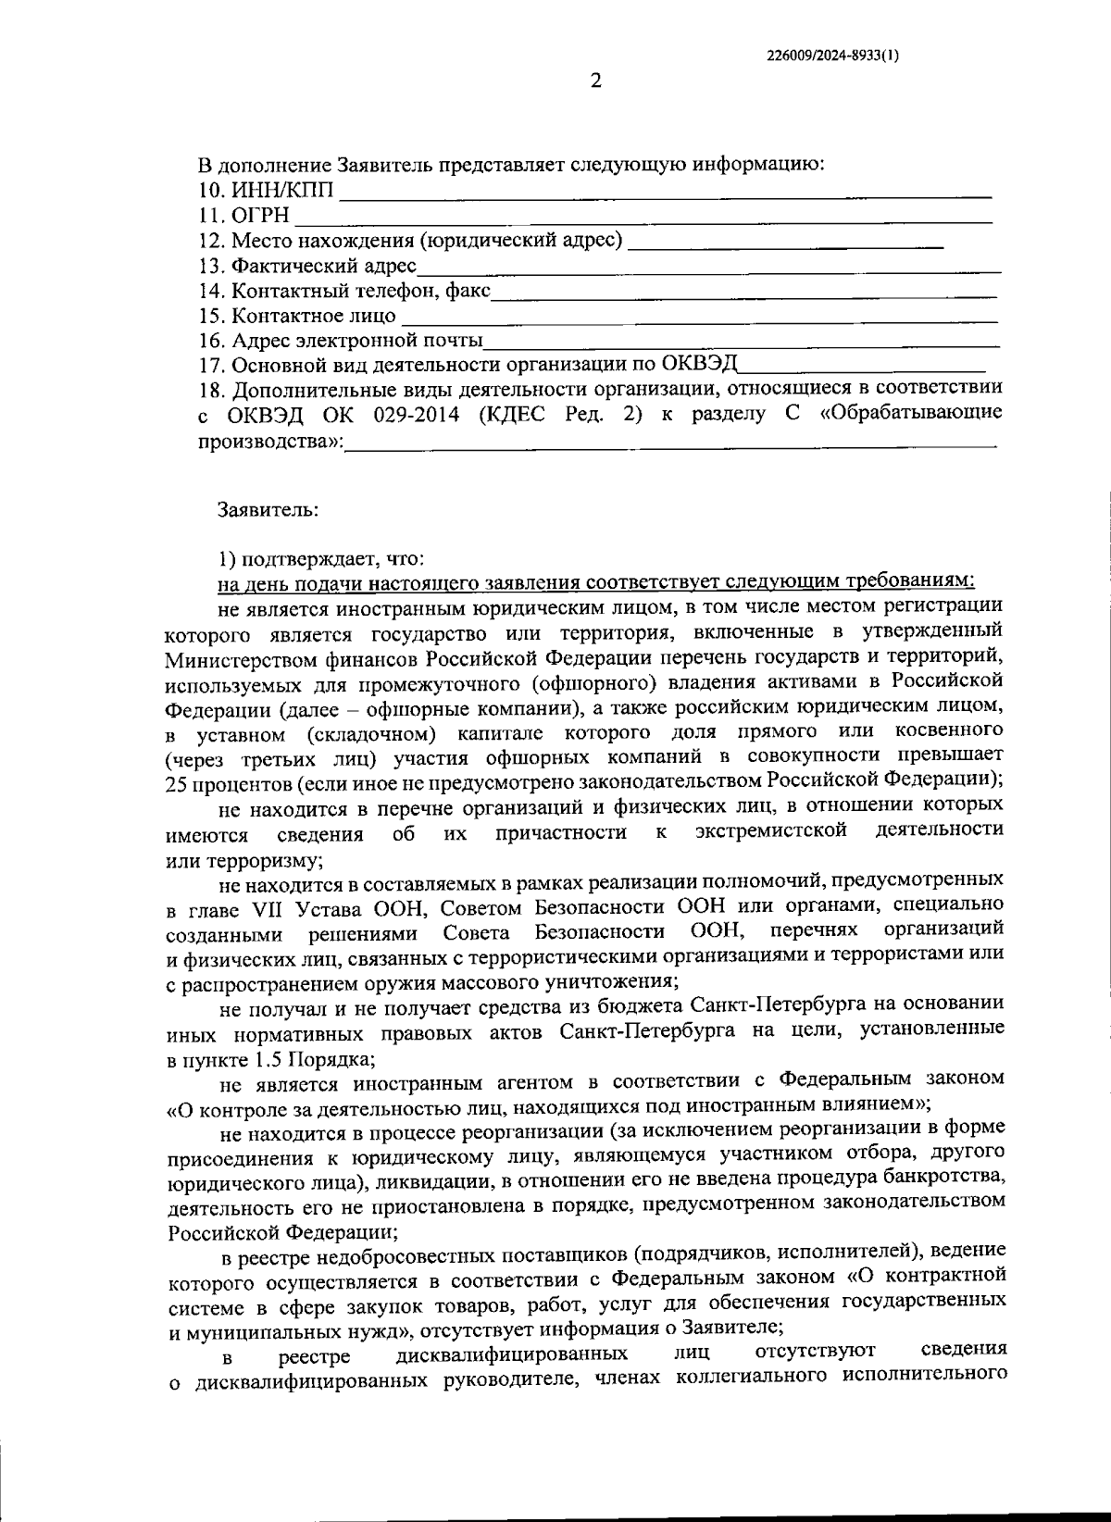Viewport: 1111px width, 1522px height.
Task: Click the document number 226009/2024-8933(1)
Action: [x=832, y=55]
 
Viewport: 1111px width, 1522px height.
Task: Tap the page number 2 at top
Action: [x=596, y=81]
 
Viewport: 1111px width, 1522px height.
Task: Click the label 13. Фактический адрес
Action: [x=308, y=267]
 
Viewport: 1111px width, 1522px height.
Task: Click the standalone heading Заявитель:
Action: [x=268, y=510]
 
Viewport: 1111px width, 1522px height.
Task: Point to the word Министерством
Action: [x=235, y=658]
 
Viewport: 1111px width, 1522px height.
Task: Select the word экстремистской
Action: [x=771, y=830]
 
